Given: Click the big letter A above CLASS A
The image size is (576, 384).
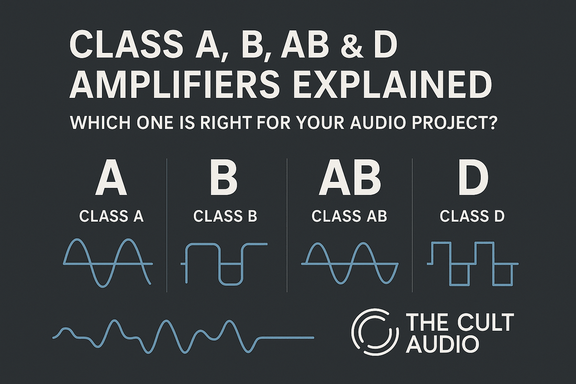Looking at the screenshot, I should [x=111, y=180].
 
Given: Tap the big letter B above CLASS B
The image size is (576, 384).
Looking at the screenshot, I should [x=224, y=180].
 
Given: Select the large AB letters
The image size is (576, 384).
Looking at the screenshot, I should [x=349, y=180].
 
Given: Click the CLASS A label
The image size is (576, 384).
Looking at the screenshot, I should [x=111, y=216].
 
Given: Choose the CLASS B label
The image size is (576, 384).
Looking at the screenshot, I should [x=225, y=216].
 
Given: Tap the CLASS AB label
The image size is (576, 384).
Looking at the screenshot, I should [x=349, y=216].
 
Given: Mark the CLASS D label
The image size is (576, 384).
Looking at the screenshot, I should [x=472, y=216].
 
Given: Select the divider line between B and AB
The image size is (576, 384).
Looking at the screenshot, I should [x=287, y=225].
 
